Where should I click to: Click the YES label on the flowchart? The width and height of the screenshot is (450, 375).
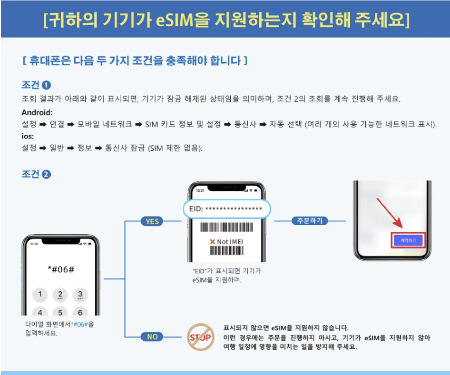tap(152, 221)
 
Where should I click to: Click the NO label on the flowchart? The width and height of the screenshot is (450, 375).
tap(152, 336)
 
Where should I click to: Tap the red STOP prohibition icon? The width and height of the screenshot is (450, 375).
tap(200, 337)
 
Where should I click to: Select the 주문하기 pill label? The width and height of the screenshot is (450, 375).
tap(310, 221)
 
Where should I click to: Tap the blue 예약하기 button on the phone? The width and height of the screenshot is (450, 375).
tap(408, 241)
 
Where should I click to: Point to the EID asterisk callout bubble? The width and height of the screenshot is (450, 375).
tap(227, 209)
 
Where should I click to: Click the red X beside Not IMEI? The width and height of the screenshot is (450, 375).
tap(213, 242)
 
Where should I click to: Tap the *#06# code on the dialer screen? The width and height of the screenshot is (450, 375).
tap(61, 269)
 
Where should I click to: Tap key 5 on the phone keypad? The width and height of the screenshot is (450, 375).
tap(60, 313)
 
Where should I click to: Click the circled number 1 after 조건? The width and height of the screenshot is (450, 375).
tap(46, 86)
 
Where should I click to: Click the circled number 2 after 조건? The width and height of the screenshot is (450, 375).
tap(46, 174)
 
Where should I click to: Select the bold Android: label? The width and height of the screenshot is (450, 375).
tap(37, 113)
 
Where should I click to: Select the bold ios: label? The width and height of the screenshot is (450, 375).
tap(28, 136)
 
